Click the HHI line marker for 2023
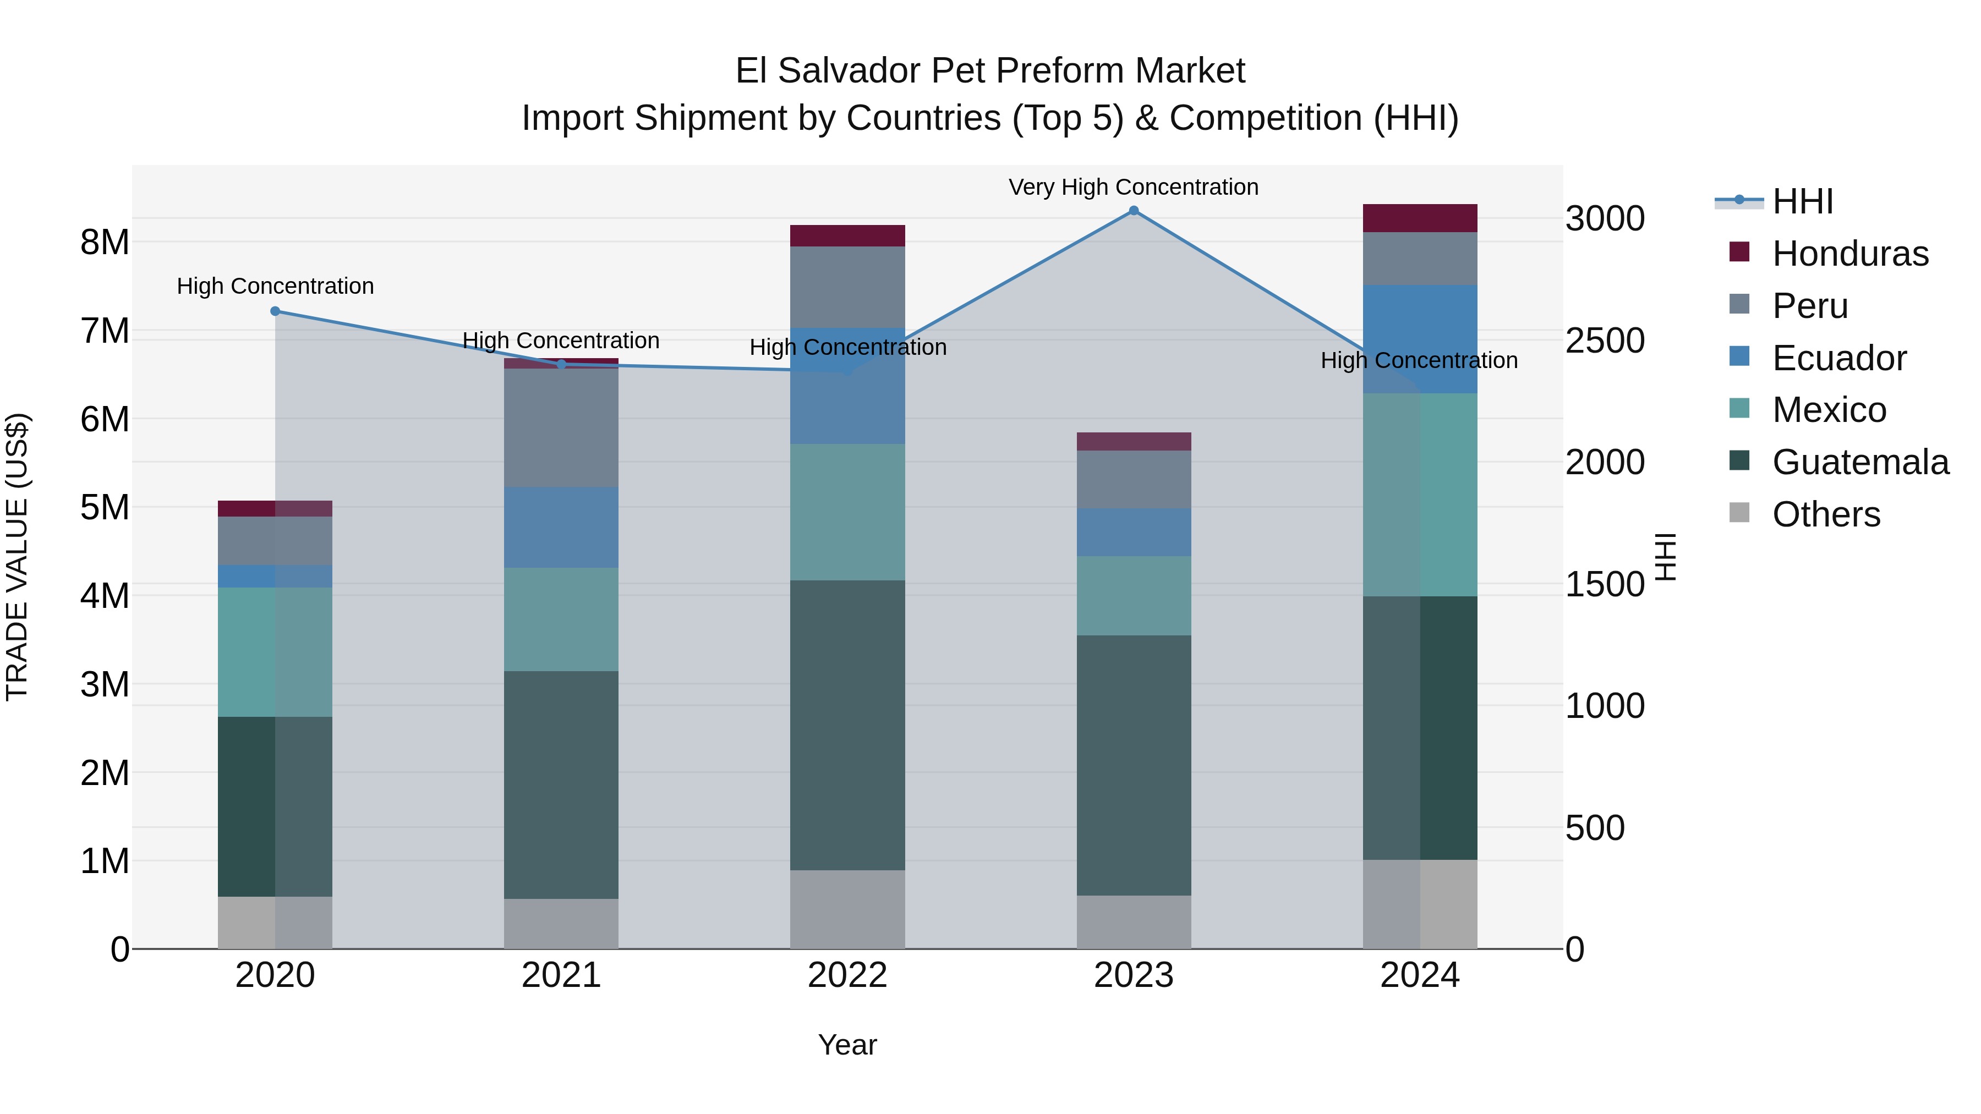tap(1134, 211)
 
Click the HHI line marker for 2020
tap(275, 311)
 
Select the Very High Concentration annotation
tap(1133, 188)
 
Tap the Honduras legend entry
tap(1849, 254)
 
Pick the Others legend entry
tap(1826, 514)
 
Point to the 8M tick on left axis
tap(105, 242)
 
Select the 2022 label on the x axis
tap(847, 975)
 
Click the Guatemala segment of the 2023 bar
tap(1134, 765)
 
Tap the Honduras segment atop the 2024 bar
tap(1420, 218)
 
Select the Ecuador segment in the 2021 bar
tap(561, 528)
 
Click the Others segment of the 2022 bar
tap(847, 909)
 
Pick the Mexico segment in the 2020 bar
tap(275, 652)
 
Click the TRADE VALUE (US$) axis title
tap(18, 557)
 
